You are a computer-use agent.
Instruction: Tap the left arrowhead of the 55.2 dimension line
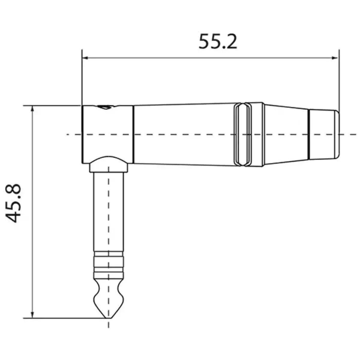(x=85, y=57)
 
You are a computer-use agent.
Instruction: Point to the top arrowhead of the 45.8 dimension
(x=32, y=109)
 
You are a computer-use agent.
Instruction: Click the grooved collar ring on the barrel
(x=248, y=134)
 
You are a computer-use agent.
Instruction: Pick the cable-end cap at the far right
(x=324, y=134)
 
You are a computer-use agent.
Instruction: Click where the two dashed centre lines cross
(x=108, y=134)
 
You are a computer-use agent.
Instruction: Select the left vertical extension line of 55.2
(x=82, y=78)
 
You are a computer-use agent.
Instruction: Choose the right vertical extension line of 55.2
(x=339, y=78)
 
